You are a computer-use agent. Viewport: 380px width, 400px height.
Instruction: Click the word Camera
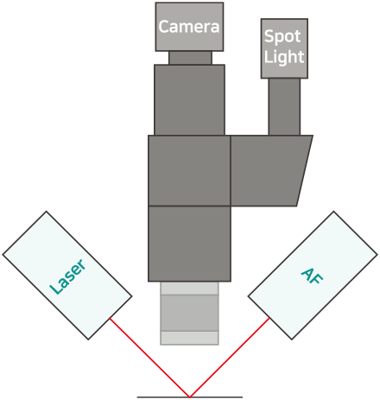[x=189, y=27]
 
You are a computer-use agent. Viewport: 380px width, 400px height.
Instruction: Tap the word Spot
[x=282, y=37]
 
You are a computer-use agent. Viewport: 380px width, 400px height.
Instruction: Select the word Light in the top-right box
[x=284, y=57]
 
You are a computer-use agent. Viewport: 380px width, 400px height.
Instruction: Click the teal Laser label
[x=68, y=276]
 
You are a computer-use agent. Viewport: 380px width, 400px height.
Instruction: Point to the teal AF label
[x=312, y=276]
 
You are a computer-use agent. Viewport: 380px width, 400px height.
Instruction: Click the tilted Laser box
[x=67, y=276]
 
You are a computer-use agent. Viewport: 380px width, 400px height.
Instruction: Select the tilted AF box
[x=313, y=276]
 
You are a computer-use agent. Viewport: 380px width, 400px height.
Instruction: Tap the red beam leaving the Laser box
[x=149, y=358]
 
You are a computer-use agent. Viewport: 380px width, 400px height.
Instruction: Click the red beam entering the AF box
[x=230, y=358]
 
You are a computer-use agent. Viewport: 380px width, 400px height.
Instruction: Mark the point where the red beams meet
[x=190, y=397]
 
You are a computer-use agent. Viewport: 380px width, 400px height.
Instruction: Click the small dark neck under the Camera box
[x=190, y=58]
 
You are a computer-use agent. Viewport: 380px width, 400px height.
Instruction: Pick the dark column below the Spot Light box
[x=284, y=106]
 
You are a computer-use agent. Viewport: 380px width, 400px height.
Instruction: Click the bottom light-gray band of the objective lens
[x=189, y=338]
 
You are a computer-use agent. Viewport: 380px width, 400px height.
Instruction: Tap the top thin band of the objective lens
[x=189, y=289]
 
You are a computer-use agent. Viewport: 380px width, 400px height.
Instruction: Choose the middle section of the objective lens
[x=189, y=313]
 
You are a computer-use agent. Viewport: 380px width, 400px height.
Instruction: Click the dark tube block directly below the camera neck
[x=189, y=100]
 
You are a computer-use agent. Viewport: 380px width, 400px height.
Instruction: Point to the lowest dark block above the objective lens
[x=189, y=244]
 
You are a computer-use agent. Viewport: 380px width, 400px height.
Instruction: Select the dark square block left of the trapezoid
[x=189, y=170]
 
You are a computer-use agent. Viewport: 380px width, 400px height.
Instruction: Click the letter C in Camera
[x=163, y=27]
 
